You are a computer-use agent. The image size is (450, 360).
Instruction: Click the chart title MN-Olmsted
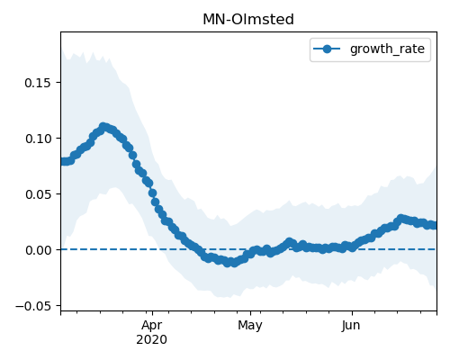(x=248, y=20)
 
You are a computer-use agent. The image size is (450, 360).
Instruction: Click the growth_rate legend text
(x=387, y=49)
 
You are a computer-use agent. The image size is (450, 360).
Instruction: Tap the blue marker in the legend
(x=327, y=49)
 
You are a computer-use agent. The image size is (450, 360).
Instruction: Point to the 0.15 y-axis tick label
(x=38, y=83)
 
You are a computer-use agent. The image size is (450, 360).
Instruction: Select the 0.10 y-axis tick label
(x=38, y=139)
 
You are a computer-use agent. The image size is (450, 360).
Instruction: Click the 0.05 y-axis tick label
(x=38, y=194)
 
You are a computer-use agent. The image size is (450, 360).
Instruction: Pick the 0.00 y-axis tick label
(x=38, y=250)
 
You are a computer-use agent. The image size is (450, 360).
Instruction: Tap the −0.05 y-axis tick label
(x=33, y=306)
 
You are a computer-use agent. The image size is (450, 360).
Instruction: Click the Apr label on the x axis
(x=152, y=326)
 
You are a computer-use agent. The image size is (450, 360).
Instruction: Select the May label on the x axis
(x=250, y=326)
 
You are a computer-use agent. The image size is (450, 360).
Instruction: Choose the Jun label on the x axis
(x=351, y=326)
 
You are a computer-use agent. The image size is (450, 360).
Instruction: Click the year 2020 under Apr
(x=151, y=340)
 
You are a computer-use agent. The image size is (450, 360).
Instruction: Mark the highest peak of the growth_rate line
(x=103, y=127)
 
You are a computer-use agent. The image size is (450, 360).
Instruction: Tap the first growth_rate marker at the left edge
(x=63, y=161)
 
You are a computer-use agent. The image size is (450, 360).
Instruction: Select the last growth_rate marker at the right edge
(x=434, y=225)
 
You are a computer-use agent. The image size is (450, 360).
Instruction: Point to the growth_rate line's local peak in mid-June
(x=400, y=218)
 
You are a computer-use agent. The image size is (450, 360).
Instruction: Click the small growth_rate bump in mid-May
(x=289, y=242)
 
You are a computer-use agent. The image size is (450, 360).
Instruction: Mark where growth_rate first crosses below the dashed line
(x=201, y=249)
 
